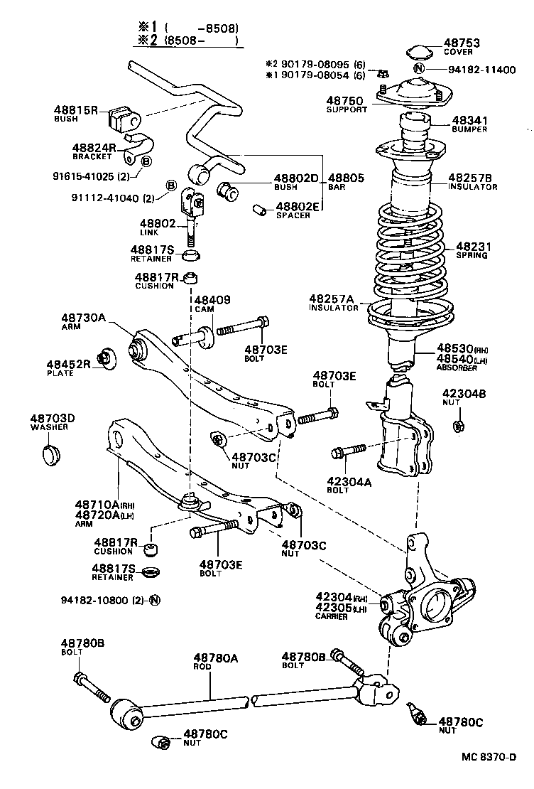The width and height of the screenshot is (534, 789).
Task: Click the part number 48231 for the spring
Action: (x=468, y=247)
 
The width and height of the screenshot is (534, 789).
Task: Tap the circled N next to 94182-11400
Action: (x=419, y=69)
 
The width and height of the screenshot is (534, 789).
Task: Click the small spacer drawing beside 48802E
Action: (x=260, y=210)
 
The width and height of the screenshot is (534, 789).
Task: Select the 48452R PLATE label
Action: (x=69, y=367)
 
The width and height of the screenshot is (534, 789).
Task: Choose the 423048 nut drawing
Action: (x=458, y=426)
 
